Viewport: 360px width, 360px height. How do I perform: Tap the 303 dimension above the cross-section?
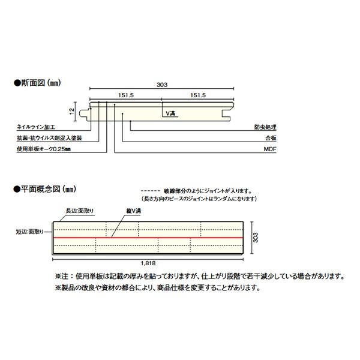point(163,85)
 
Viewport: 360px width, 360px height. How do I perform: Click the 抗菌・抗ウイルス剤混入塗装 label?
point(50,137)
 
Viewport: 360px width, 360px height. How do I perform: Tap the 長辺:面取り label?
point(79,211)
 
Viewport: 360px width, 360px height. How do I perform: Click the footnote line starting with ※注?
point(199,277)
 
